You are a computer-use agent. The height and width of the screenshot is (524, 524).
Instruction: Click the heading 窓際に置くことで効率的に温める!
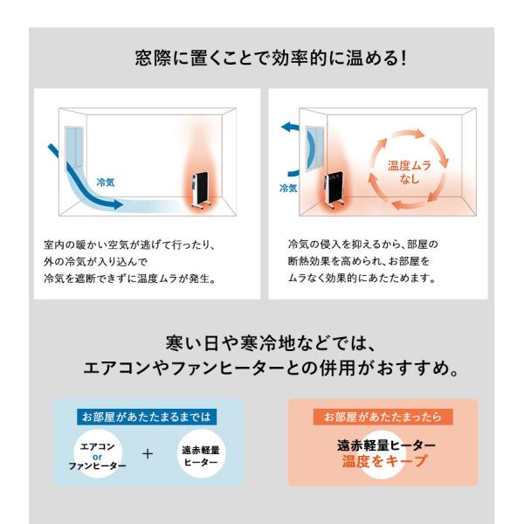[x=271, y=58]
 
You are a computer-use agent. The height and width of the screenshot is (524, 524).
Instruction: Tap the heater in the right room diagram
[x=334, y=190]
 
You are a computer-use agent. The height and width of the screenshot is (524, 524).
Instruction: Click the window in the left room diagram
[x=74, y=148]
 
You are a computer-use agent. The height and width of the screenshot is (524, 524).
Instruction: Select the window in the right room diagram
[x=314, y=148]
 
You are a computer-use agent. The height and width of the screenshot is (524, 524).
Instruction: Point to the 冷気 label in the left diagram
[x=106, y=183]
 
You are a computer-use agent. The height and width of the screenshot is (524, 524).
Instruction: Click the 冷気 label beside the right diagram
[x=288, y=188]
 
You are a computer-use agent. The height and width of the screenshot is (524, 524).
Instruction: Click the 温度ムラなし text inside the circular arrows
[x=410, y=172]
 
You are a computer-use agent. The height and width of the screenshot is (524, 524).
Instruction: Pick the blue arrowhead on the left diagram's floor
[x=117, y=203]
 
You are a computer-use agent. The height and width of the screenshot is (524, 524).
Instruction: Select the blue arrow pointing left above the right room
[x=290, y=127]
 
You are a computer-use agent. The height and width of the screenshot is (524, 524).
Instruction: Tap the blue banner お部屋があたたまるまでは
[x=147, y=417]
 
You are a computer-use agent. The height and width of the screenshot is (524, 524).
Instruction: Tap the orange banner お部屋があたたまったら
[x=383, y=417]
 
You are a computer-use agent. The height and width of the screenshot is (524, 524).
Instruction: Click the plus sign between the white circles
[x=148, y=454]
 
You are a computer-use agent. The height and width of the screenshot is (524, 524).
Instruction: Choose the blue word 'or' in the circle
[x=97, y=457]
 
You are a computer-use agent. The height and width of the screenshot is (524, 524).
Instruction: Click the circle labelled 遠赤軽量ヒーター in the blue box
[x=201, y=454]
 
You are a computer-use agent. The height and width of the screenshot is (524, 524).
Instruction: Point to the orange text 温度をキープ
[x=385, y=461]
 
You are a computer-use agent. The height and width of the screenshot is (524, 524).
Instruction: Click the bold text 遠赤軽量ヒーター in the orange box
[x=386, y=445]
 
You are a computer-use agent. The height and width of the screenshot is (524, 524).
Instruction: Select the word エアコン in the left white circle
[x=97, y=446]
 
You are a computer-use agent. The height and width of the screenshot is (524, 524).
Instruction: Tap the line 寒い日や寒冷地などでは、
[x=271, y=343]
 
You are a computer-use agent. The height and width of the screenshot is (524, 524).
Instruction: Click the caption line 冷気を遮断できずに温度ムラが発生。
[x=130, y=279]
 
